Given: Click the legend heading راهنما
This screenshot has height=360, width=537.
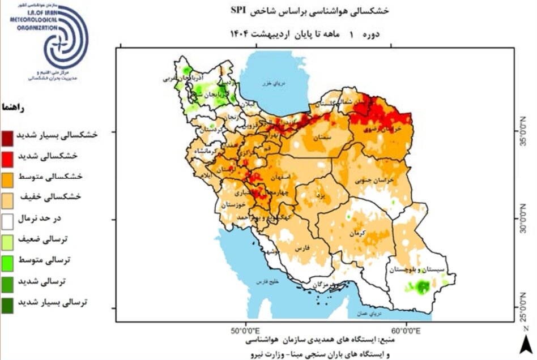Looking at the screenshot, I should [x=12, y=107].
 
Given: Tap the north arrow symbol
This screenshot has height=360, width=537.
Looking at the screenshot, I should [x=526, y=341].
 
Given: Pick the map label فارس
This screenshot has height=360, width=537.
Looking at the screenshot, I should [x=301, y=247].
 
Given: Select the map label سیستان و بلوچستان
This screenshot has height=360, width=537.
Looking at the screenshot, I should [x=420, y=270].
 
